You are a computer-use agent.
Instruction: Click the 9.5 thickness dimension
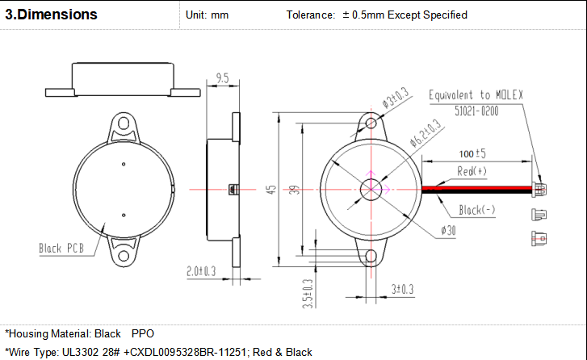222,78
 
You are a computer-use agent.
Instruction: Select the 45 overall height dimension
271,190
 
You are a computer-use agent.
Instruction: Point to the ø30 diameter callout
448,230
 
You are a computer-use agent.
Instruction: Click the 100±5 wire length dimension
472,153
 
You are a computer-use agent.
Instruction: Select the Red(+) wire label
472,171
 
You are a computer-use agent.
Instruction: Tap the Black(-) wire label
477,210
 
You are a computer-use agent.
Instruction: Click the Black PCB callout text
61,248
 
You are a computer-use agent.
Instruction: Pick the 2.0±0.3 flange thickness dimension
201,271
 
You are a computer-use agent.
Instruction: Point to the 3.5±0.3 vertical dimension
308,294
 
